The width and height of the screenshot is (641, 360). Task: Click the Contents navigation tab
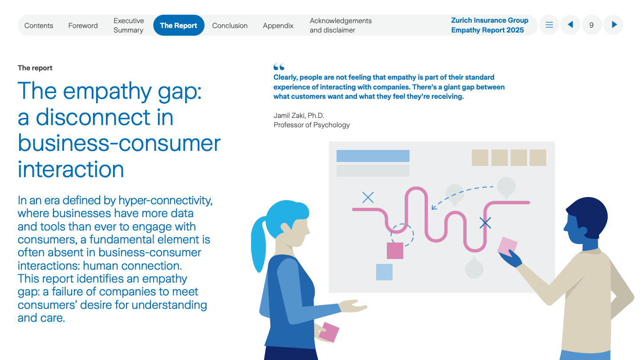click(39, 25)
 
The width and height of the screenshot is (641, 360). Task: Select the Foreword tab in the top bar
click(83, 25)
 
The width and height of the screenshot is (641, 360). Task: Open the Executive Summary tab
click(129, 25)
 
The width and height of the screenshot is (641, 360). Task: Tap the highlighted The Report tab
click(179, 25)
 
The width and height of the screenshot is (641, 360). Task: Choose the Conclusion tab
click(230, 25)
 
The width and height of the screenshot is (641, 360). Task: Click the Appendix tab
click(278, 25)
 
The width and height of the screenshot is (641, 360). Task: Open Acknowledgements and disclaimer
click(341, 25)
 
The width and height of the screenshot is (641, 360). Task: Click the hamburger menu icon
click(549, 25)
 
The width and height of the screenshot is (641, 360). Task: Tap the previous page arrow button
click(570, 25)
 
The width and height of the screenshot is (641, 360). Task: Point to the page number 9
click(592, 25)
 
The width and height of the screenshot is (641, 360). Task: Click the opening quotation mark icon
click(279, 67)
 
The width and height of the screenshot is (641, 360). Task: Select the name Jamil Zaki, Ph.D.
click(299, 115)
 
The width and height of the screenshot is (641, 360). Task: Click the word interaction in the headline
click(71, 169)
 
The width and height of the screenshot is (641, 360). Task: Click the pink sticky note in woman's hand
click(329, 332)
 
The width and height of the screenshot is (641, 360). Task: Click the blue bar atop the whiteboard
click(373, 156)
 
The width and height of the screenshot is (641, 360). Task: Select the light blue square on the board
click(384, 272)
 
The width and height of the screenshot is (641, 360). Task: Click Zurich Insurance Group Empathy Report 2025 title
click(490, 25)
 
